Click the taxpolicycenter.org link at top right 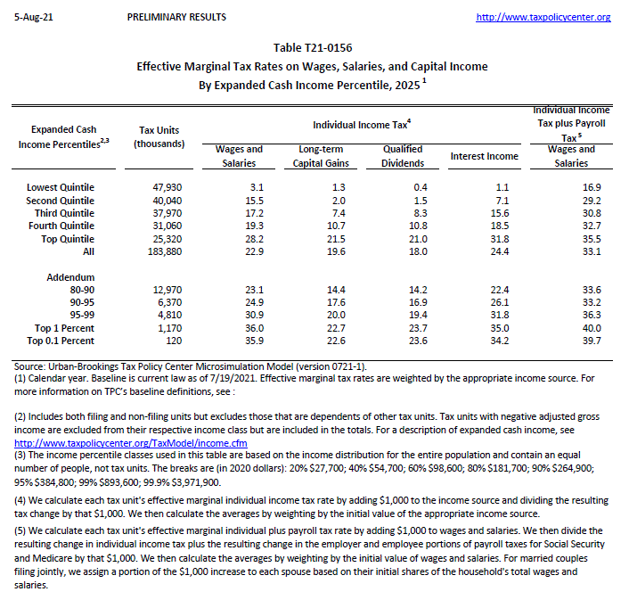543,17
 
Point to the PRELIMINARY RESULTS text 176,17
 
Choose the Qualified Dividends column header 403,156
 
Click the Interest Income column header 485,156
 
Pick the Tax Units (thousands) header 159,136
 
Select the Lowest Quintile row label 61,187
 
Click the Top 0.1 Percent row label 61,341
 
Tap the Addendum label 70,277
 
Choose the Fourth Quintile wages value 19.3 255,226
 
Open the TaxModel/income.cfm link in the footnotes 131,443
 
